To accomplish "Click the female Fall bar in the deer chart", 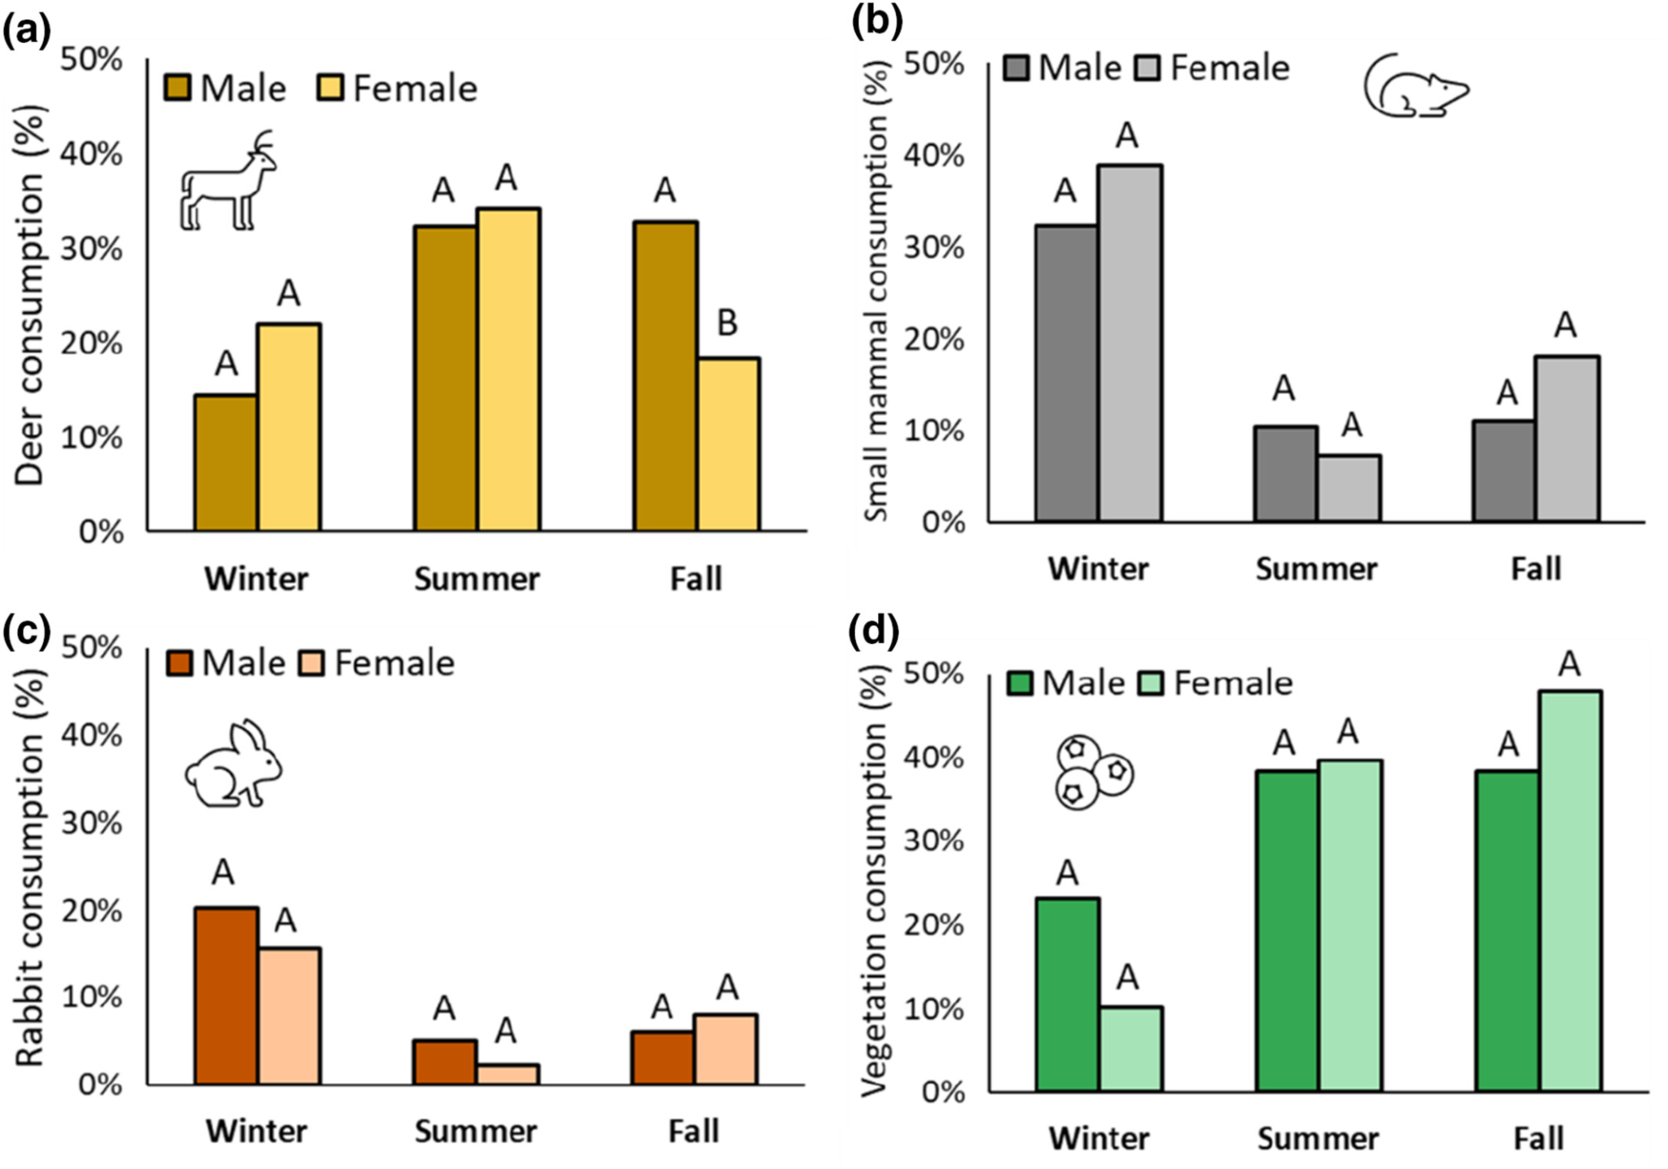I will tap(728, 444).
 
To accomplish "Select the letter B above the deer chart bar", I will tap(726, 323).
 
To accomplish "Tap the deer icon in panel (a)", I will tap(227, 182).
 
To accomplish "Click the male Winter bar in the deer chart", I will tap(226, 462).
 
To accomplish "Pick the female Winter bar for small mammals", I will tap(1130, 343).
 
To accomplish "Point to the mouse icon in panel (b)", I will tap(1416, 86).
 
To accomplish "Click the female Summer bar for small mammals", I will tap(1349, 488).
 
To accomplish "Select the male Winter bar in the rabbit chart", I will tap(226, 996).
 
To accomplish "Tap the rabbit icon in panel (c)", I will tap(233, 764).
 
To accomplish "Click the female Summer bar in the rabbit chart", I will tap(507, 1074).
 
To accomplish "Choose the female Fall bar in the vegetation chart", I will tap(1570, 891).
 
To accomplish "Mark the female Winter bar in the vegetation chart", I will tap(1130, 1049).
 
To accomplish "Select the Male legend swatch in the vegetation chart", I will tap(1020, 683).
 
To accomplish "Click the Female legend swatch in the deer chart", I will tap(330, 87).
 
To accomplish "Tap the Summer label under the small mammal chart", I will tap(1316, 569).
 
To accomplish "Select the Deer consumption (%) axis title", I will tap(29, 296).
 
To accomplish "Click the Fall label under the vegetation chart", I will tap(1538, 1138).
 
